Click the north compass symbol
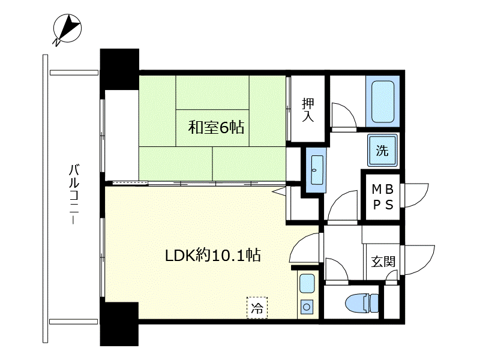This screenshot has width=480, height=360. pos(67,28)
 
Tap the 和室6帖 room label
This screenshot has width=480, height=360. pos(216,127)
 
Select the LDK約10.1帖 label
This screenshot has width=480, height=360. pos(213,255)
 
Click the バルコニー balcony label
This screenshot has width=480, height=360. pos(74,194)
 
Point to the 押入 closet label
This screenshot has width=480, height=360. pos(308,110)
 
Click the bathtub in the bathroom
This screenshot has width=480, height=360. pos(383,101)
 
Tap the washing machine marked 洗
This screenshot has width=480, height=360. pos(383,151)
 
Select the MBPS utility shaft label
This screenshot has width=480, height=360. pos(383,197)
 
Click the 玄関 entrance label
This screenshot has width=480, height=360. pos(383,262)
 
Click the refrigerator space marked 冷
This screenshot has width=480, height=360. pos(257,308)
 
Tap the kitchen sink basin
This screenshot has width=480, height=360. pos(307,284)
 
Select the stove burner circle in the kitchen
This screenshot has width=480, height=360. pos(307,307)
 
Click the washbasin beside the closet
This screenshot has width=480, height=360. pos(317,170)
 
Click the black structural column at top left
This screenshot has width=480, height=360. pos(119,69)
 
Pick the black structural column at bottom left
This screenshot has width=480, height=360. pos(119,324)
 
